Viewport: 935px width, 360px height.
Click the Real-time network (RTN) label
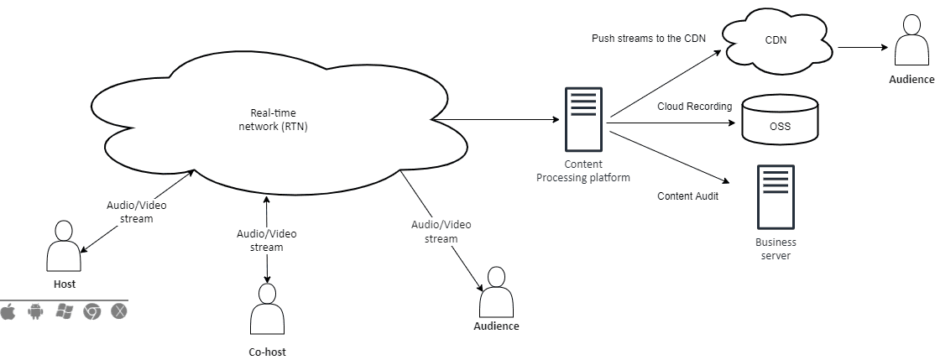274,120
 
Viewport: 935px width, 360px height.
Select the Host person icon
64,245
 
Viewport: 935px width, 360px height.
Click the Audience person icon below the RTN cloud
495,291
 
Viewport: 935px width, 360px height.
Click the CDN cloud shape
780,42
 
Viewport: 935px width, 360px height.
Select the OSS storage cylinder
780,118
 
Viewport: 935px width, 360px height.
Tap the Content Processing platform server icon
583,118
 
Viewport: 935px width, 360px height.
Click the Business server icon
776,198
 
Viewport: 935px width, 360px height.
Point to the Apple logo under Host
8,311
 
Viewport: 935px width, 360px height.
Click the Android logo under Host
35,311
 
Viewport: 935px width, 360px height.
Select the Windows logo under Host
64,311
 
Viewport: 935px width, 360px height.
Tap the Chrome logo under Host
91,311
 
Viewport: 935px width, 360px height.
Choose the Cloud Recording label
695,107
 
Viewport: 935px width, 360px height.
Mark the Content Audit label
688,196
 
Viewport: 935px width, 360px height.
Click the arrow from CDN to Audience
863,48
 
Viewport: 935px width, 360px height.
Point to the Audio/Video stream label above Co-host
267,240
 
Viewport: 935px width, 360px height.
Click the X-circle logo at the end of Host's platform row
119,311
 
